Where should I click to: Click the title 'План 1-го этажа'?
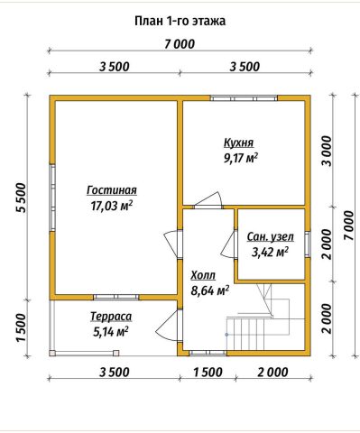[180, 22]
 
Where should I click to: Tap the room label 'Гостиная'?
[112, 190]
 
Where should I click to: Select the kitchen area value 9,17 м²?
[241, 158]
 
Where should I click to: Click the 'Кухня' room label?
[239, 143]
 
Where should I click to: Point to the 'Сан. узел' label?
[271, 237]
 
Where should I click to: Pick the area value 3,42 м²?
[270, 253]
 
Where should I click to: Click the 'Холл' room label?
[203, 275]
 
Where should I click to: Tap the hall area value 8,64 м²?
[210, 290]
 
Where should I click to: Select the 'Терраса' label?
[111, 317]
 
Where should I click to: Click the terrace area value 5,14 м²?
[111, 332]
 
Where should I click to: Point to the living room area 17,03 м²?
[112, 206]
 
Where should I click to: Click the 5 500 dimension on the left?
[22, 198]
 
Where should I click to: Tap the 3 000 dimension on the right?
[327, 152]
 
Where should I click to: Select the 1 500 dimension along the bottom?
[208, 373]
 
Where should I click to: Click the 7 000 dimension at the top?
[180, 44]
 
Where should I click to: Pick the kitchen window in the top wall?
[244, 98]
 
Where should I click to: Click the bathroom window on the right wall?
[308, 244]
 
